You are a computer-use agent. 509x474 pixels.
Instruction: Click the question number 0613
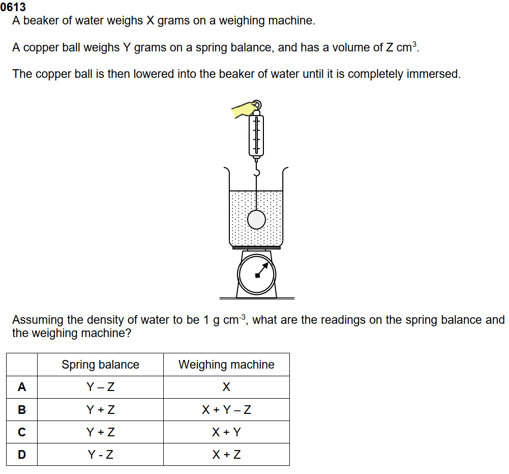[x=13, y=7]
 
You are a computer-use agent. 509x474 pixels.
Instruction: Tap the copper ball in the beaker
[x=256, y=220]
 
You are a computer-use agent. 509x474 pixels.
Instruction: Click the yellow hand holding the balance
[x=243, y=109]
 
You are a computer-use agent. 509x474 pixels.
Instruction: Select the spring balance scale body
[x=256, y=135]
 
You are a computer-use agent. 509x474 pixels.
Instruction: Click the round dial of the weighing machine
[x=256, y=274]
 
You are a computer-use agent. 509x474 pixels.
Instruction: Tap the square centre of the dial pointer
[x=257, y=276]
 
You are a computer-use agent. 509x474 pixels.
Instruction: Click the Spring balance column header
[x=100, y=365]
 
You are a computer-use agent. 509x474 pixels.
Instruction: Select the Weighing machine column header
[x=226, y=365]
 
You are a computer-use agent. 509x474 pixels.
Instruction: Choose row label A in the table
[x=22, y=387]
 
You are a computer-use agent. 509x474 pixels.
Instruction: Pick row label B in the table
[x=22, y=409]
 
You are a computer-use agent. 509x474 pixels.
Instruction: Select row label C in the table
[x=22, y=432]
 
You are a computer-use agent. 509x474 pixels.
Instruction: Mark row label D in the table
[x=22, y=455]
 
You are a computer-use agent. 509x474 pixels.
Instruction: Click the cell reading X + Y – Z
[x=226, y=409]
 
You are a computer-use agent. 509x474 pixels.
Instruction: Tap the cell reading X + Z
[x=226, y=455]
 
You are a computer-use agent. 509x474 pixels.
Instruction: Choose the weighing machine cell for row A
[x=226, y=387]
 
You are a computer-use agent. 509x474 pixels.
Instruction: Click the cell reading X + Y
[x=226, y=432]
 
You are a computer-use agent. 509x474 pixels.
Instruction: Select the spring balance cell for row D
[x=100, y=455]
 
